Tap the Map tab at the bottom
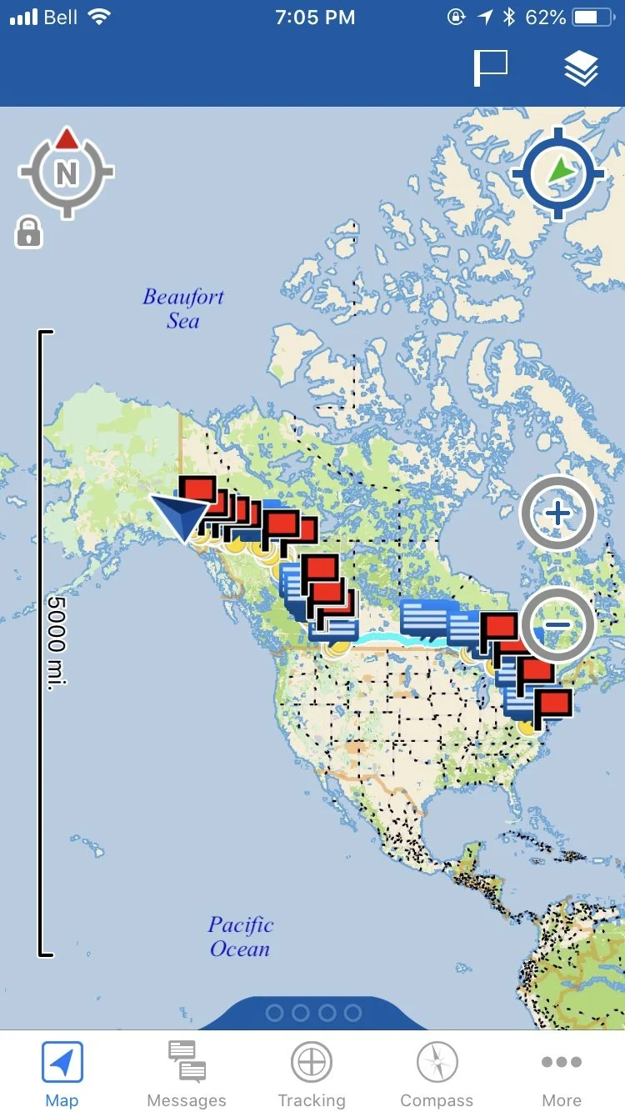tap(62, 1072)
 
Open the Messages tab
tap(187, 1072)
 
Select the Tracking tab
tap(312, 1072)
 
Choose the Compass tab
tap(437, 1072)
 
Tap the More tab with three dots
tap(562, 1072)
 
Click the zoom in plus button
tap(557, 513)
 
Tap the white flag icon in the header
tap(491, 68)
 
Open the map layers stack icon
tap(581, 68)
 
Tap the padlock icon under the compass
tap(28, 232)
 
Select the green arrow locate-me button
tap(557, 173)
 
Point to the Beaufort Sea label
tap(183, 308)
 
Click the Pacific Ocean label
tap(240, 936)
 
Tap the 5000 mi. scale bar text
tap(57, 641)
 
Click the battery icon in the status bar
tap(595, 18)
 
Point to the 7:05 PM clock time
tap(315, 18)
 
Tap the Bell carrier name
tap(61, 18)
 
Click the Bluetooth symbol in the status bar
tap(509, 18)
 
